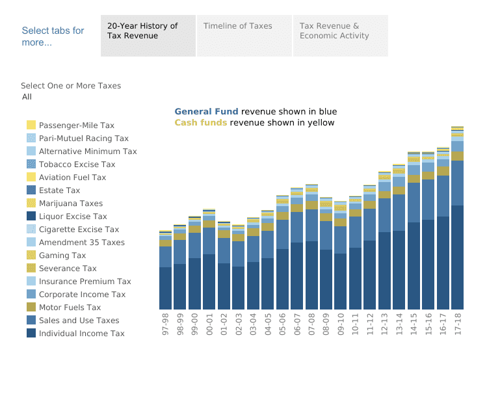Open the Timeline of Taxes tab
pyautogui.click(x=237, y=27)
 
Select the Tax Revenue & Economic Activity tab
pyautogui.click(x=334, y=31)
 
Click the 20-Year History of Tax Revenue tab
pyautogui.click(x=142, y=31)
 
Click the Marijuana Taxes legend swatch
pyautogui.click(x=31, y=204)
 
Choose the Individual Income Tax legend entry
pyautogui.click(x=81, y=334)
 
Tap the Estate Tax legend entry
pyautogui.click(x=59, y=191)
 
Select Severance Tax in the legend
pyautogui.click(x=68, y=269)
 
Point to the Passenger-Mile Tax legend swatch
pyautogui.click(x=31, y=125)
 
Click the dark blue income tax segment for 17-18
pyautogui.click(x=457, y=257)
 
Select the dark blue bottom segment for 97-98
pyautogui.click(x=165, y=287)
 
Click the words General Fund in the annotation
pyautogui.click(x=206, y=112)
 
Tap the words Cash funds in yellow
pyautogui.click(x=200, y=123)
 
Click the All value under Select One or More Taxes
pyautogui.click(x=27, y=97)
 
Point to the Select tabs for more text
pyautogui.click(x=53, y=36)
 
